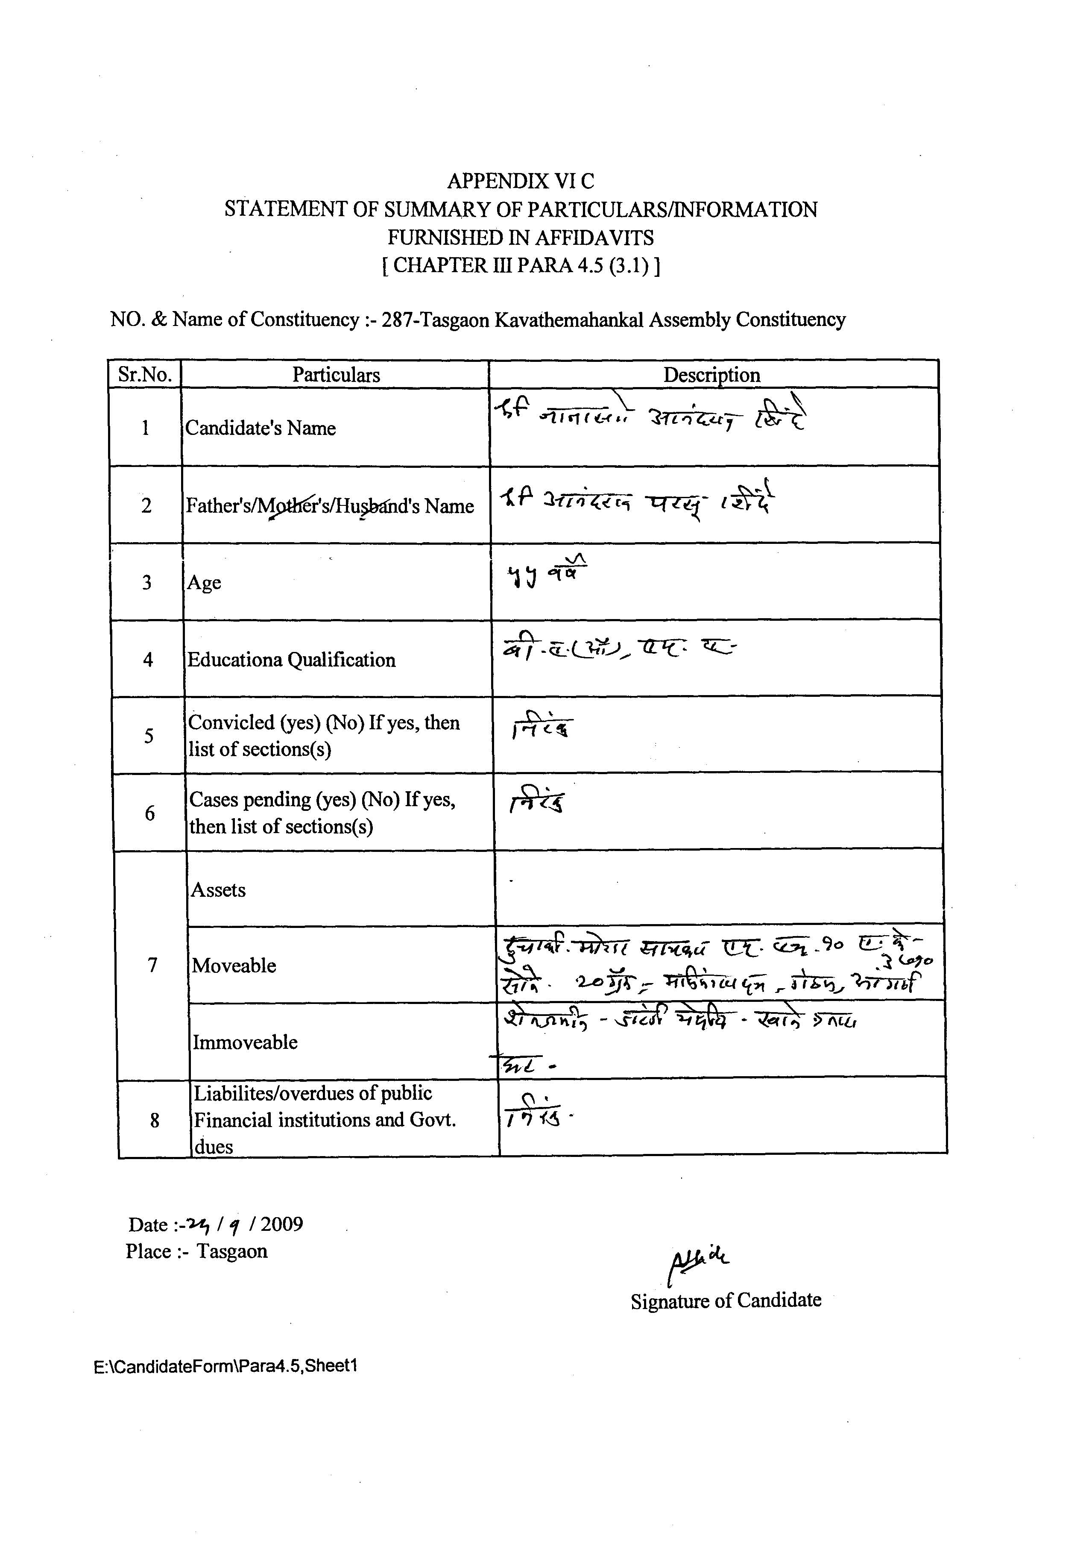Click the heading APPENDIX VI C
coord(521,181)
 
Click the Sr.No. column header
coord(145,375)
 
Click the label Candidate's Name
coord(260,428)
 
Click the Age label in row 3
coord(204,582)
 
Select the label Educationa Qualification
coord(291,660)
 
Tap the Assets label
coord(218,890)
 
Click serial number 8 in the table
coord(154,1120)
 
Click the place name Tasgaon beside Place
coord(231,1251)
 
